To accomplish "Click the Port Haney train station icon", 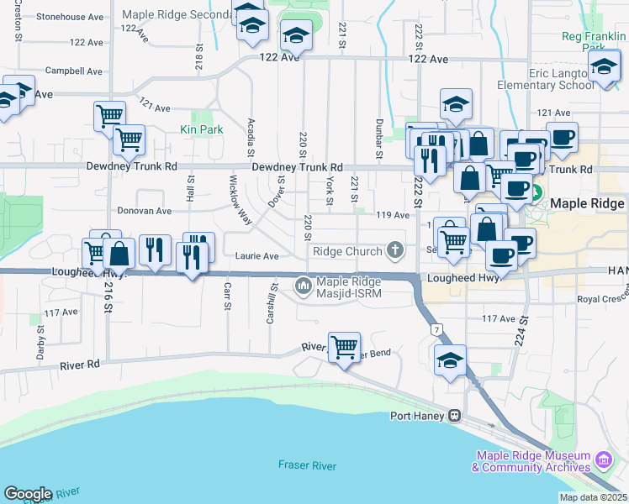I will coord(454,415).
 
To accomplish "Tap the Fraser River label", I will coord(307,465).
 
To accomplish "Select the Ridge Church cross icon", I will coord(394,249).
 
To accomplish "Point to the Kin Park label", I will coord(202,130).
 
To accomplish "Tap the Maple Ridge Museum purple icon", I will coord(602,460).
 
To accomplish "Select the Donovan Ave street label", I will coord(144,211).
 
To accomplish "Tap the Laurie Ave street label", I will coord(256,255).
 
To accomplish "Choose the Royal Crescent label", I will coord(604,299).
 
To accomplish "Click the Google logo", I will coord(28,494).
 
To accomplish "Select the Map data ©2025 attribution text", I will coord(593,497).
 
